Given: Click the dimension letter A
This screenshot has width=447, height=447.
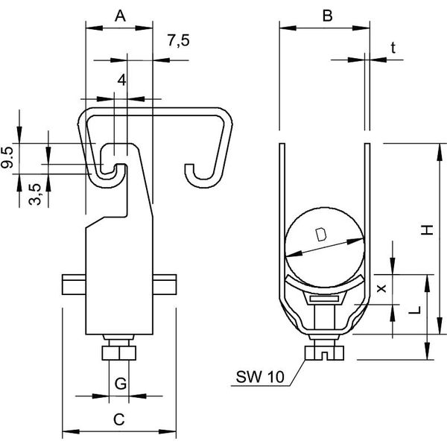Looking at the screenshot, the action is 120,16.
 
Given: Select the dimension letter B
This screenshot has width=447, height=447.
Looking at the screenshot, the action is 327,16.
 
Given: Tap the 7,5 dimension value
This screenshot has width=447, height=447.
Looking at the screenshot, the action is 179,40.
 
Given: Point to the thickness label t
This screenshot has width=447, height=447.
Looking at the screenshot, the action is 393,48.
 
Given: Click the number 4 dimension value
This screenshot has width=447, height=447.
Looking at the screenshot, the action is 121,80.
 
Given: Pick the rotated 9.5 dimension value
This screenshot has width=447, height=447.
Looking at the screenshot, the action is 7,157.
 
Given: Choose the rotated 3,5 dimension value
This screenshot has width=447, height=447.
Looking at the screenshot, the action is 35,194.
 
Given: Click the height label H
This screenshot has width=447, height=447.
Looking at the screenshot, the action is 428,229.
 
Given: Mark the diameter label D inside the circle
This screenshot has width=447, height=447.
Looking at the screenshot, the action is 321,235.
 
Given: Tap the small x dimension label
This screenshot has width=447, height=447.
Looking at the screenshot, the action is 381,288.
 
